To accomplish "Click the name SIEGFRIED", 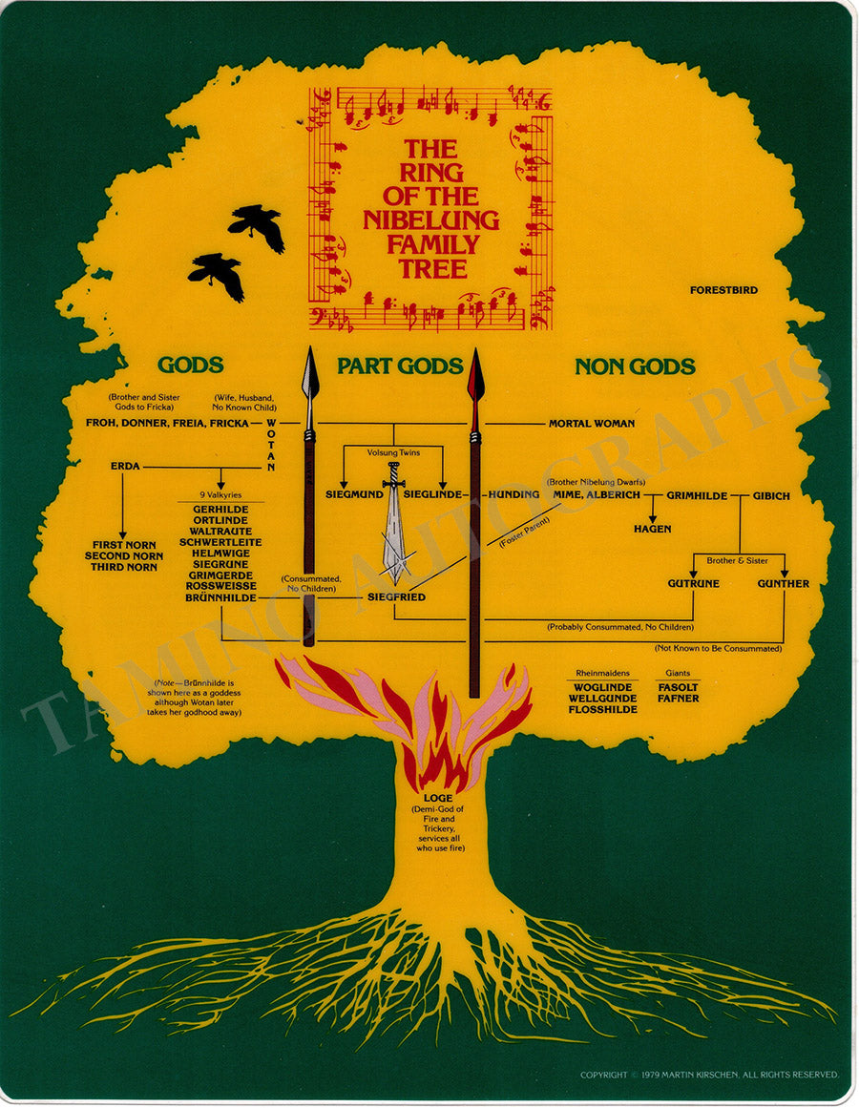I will coord(396,597).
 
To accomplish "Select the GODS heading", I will coord(190,366).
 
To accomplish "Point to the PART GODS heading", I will coord(400,366).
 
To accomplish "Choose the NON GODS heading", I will coord(634,366).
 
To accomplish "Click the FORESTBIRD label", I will coord(723,289).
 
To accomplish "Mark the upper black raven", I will coord(258,226).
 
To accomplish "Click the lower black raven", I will coord(218,275).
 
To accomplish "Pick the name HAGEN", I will coord(652,529).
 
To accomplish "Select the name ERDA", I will coord(125,467).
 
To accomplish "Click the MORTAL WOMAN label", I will coord(591,423).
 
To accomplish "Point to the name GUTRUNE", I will coord(693,583).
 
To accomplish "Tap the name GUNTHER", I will coord(783,583).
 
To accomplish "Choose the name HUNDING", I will coord(513,494).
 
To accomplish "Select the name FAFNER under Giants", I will coord(678,699).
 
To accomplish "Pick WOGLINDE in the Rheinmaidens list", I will coord(602,687).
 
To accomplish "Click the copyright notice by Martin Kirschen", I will coord(709,1075).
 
